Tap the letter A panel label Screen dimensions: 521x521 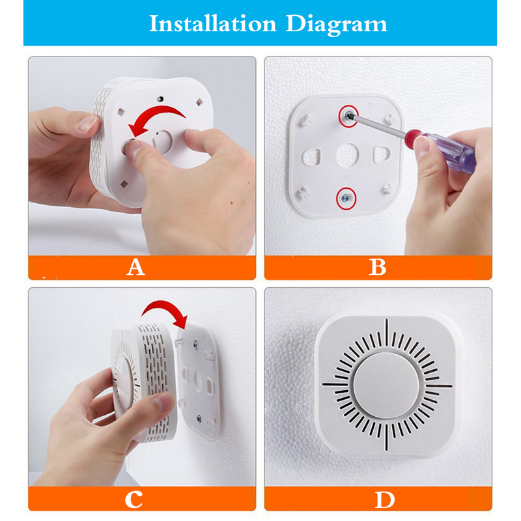click(135, 266)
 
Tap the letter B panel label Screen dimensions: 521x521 click(378, 266)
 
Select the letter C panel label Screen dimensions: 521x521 click(134, 500)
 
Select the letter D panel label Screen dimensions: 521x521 click(384, 500)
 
